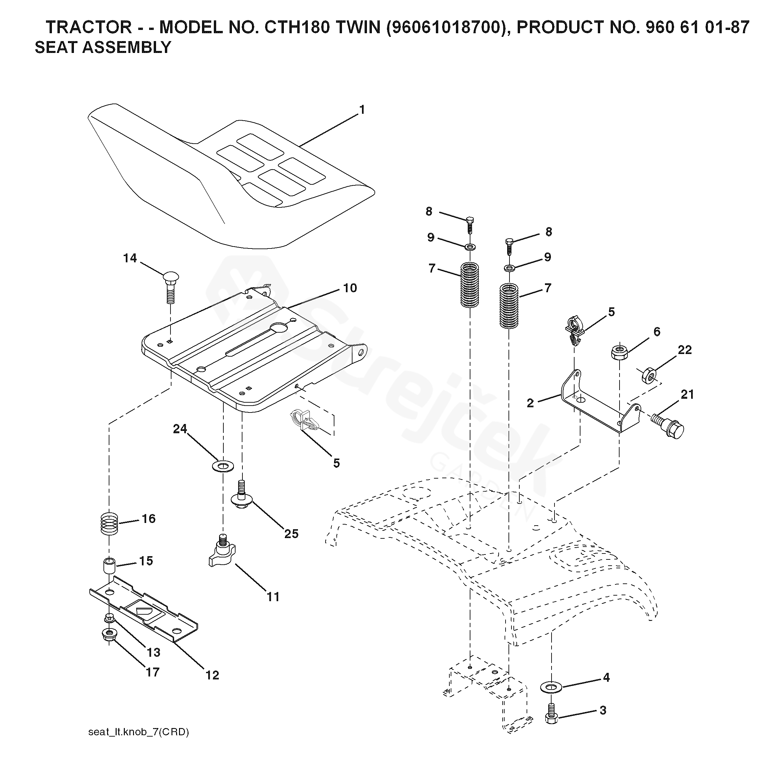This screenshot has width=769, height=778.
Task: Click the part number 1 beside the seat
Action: [362, 109]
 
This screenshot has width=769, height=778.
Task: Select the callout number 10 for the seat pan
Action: [350, 288]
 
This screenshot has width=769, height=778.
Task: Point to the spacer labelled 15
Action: [109, 565]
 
